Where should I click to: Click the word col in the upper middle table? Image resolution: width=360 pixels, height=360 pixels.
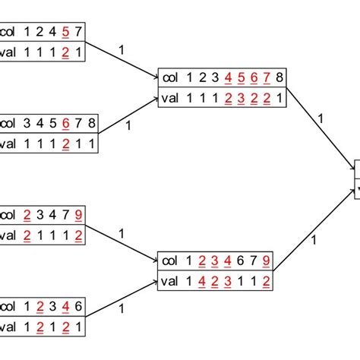tap(169, 77)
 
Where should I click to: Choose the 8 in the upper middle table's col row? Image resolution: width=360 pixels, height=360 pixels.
tap(280, 77)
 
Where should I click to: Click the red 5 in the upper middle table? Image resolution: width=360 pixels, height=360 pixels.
tap(234, 77)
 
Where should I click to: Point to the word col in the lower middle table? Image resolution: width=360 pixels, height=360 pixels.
tap(169, 261)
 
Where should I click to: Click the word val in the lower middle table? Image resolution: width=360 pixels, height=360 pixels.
tap(169, 281)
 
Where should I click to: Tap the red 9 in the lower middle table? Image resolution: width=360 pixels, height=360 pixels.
tap(265, 261)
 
